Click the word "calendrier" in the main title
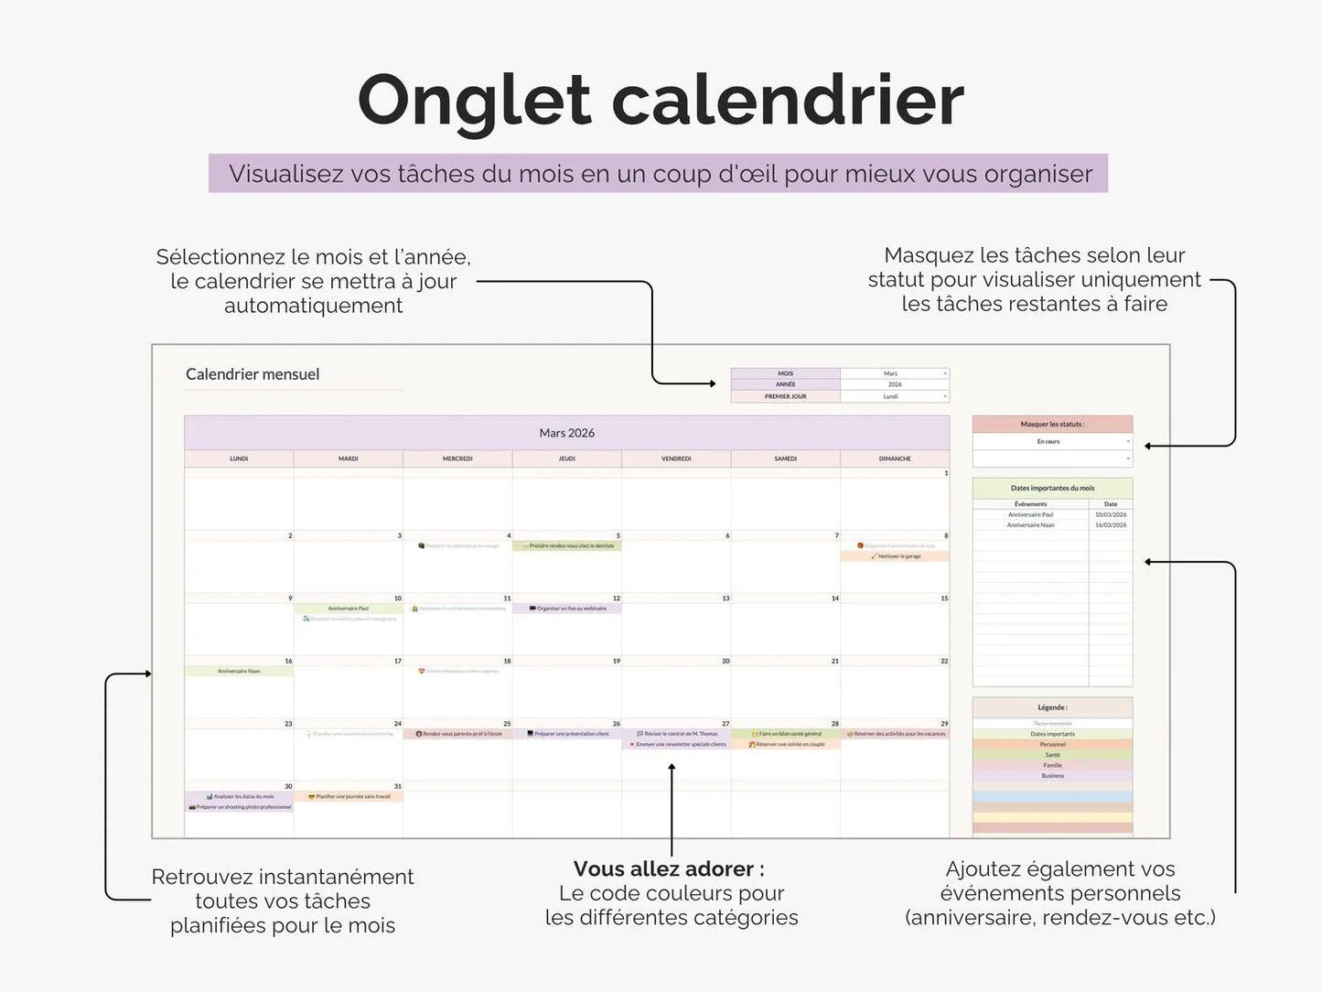pos(787,101)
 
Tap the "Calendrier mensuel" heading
pos(253,374)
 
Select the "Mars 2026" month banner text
pos(566,433)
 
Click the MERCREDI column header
pos(457,458)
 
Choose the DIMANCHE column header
pos(895,458)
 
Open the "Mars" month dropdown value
pos(891,373)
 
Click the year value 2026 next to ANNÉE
pos(894,384)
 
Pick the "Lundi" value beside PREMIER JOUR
pos(891,396)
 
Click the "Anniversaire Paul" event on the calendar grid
pos(349,609)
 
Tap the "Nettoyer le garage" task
pos(898,556)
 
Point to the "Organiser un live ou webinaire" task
pos(570,609)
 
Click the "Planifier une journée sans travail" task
pos(351,797)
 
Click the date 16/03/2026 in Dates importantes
pos(1111,525)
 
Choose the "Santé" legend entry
pos(1052,755)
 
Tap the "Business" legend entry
pos(1052,776)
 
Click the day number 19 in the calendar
pos(617,661)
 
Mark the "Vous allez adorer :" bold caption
pos(669,868)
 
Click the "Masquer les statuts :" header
pos(1052,425)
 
